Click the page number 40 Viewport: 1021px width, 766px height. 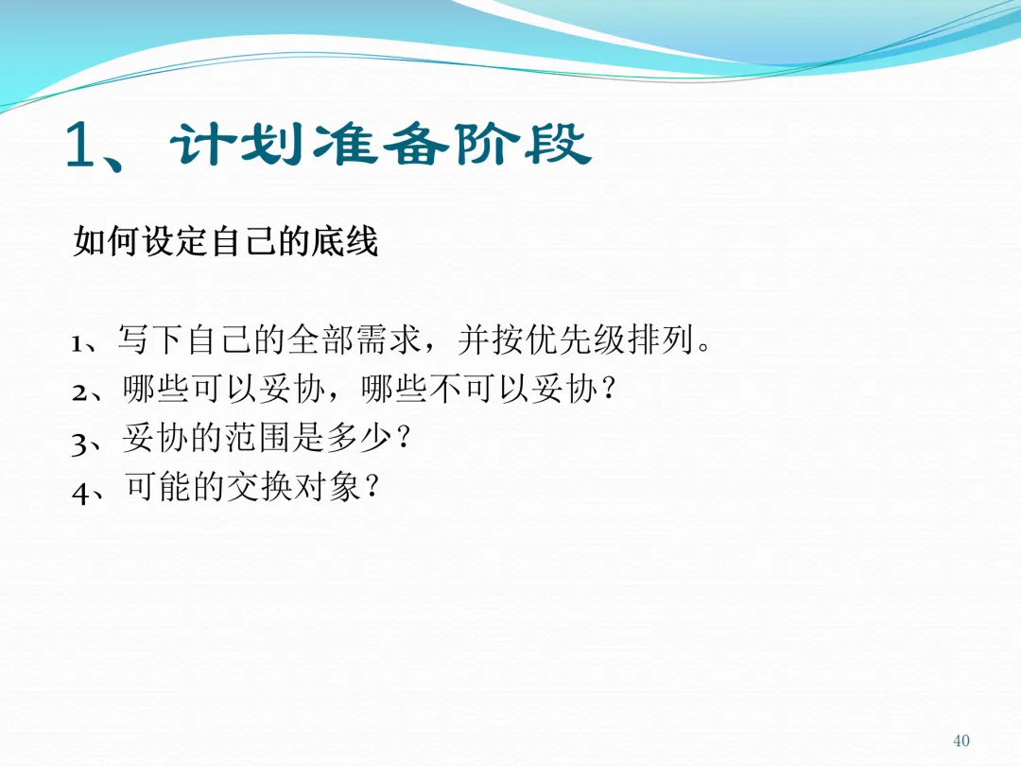(961, 740)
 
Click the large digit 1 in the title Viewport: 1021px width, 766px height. (80, 144)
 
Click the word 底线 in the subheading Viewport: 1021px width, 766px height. (345, 242)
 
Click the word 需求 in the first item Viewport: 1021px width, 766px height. (389, 340)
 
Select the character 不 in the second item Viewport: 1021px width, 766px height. (446, 389)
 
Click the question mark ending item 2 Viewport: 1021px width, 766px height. (609, 389)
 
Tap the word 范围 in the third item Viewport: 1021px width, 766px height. (257, 437)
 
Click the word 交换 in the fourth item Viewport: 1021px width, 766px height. (257, 487)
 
